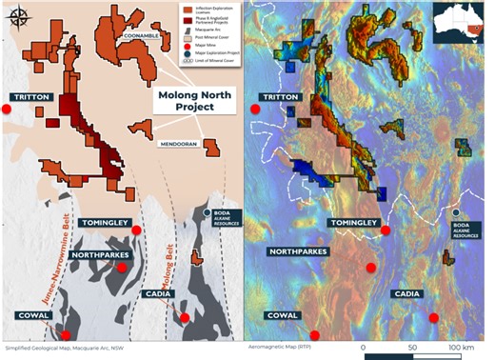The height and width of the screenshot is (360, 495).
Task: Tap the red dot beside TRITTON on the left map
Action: coord(6,110)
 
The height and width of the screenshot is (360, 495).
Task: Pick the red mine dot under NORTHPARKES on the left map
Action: coord(122,268)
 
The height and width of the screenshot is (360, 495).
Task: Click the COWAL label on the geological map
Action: coord(33,314)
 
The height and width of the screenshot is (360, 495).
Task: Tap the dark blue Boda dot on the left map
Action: coord(208,212)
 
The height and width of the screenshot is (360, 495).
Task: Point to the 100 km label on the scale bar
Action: coord(462,349)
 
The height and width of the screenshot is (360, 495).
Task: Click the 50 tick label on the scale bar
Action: coord(413,349)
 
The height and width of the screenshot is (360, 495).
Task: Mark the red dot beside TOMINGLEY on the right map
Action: coord(386,230)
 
